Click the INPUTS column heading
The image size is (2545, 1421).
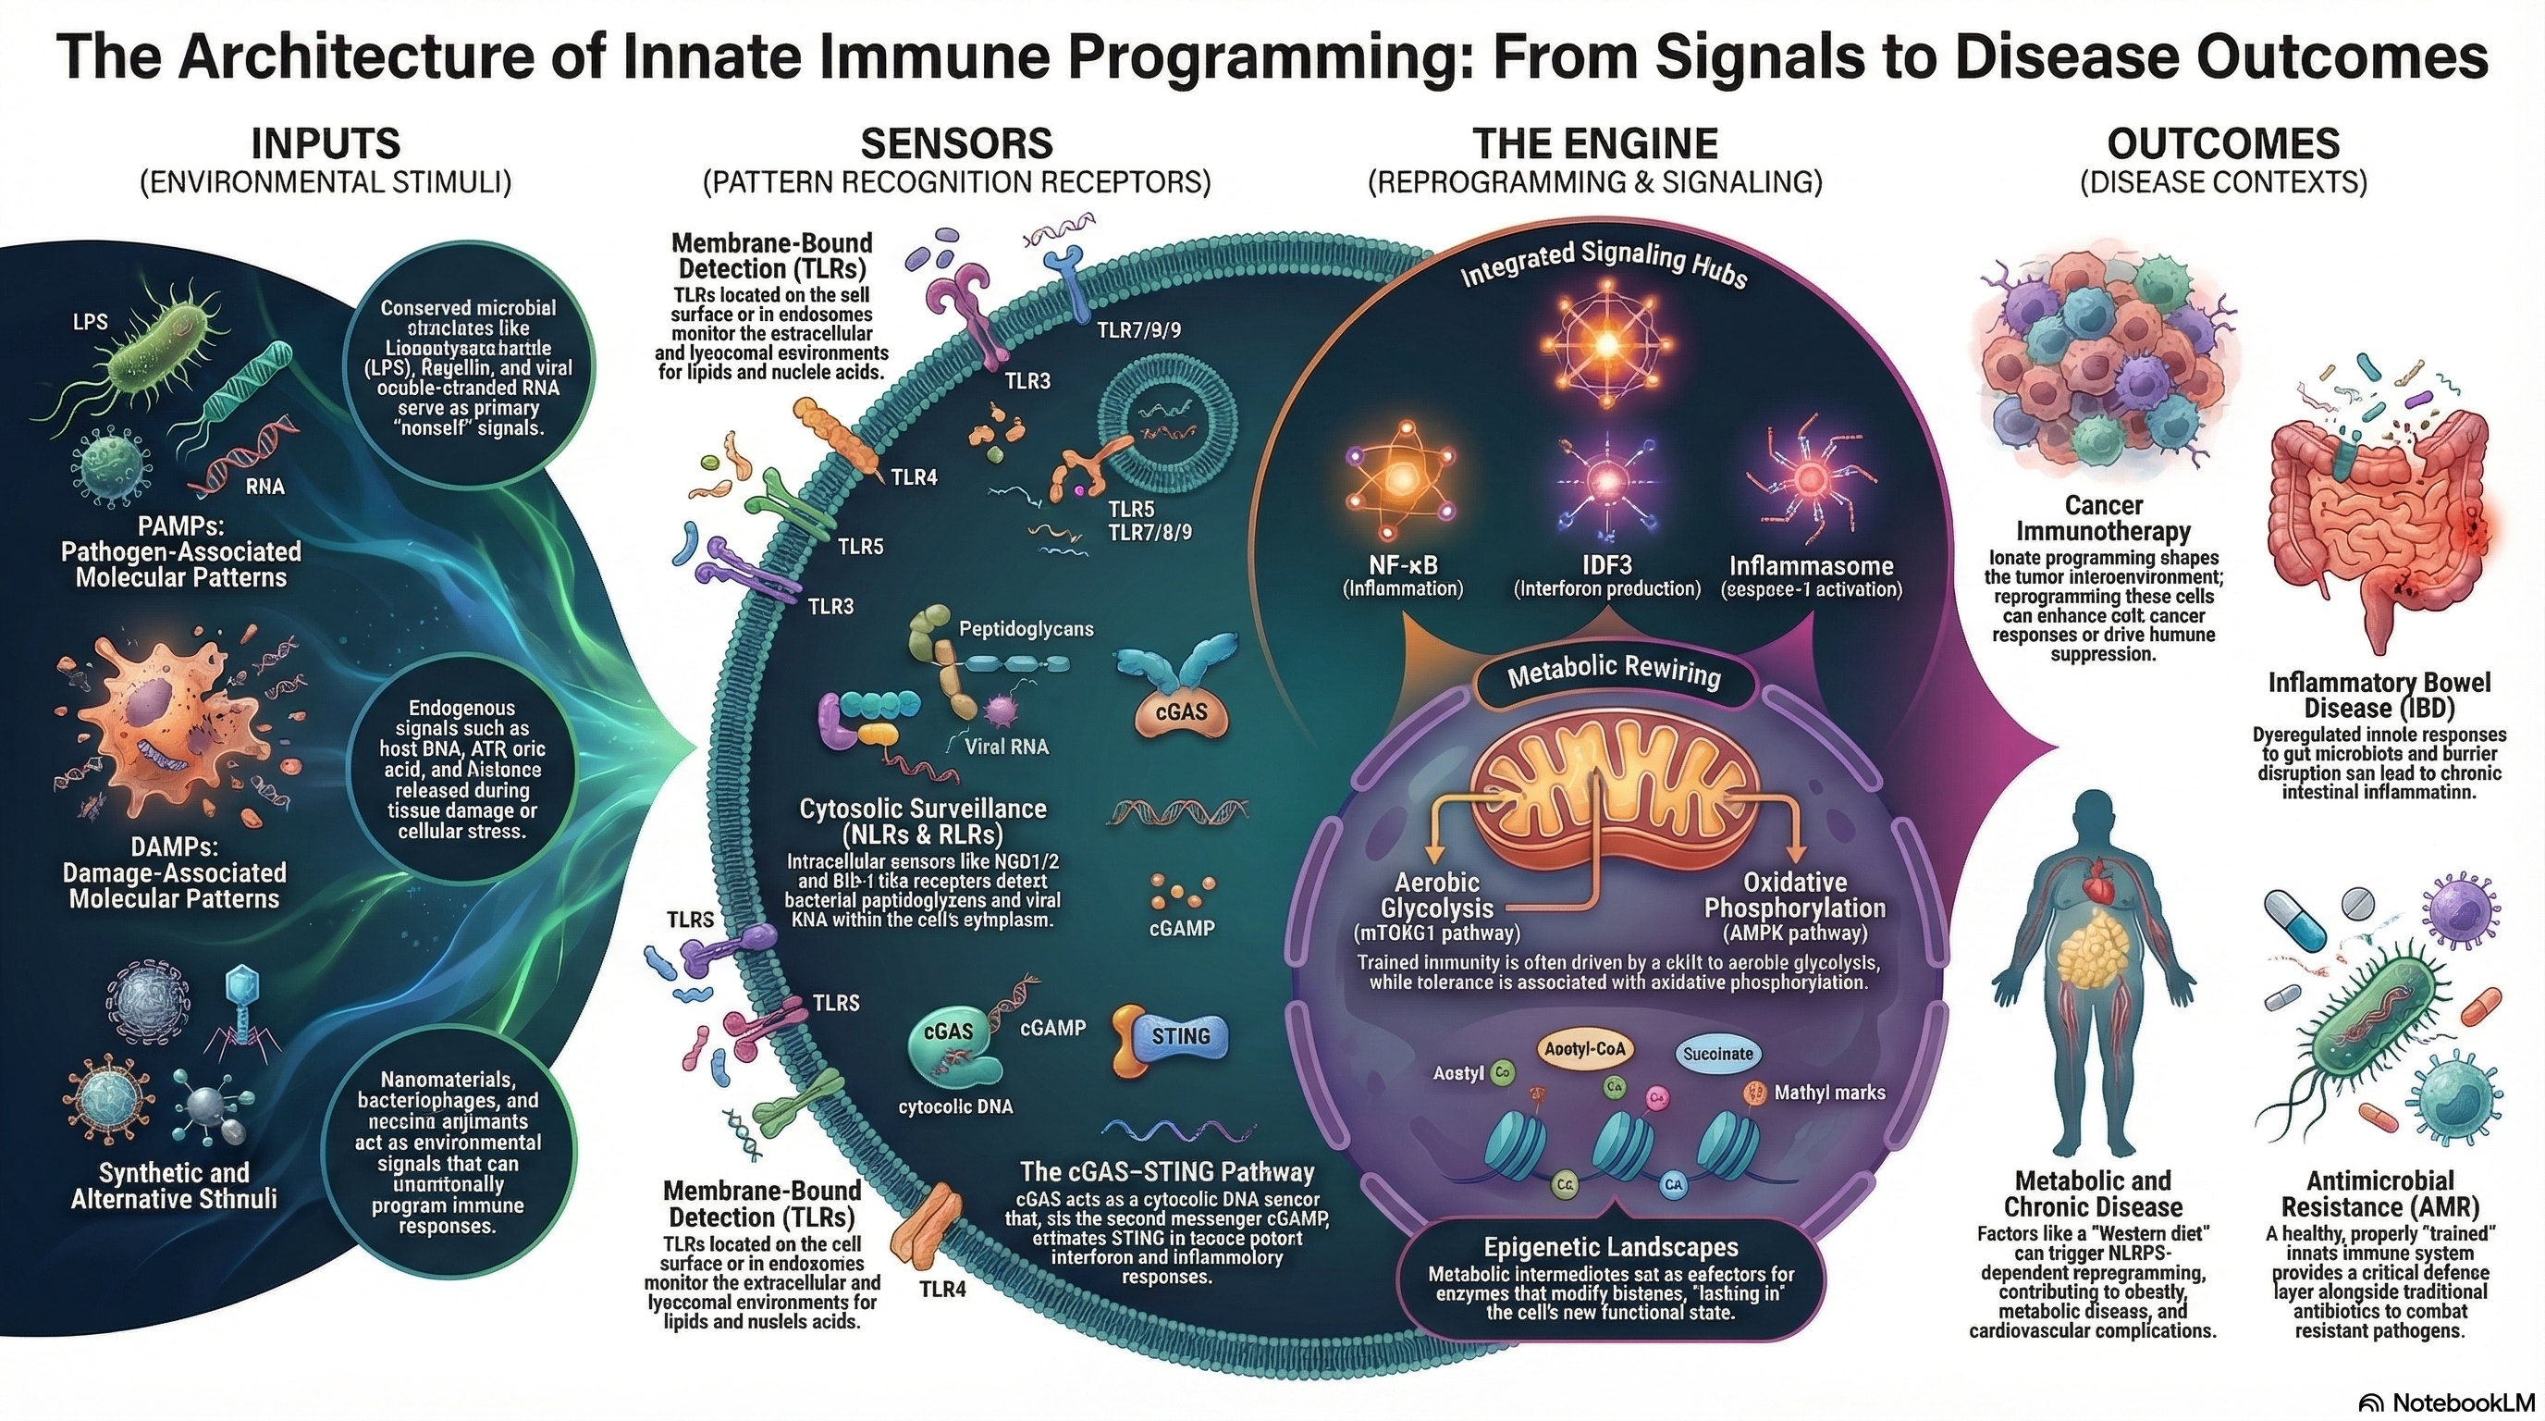[x=326, y=144]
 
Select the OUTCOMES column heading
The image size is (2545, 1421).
[x=2223, y=144]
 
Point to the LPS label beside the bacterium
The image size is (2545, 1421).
[x=90, y=322]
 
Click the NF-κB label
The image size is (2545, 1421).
[x=1403, y=565]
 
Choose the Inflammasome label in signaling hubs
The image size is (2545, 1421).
[x=1810, y=565]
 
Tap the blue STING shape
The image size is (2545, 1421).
[x=1180, y=1035]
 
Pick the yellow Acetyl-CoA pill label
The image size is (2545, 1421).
[x=1584, y=1049]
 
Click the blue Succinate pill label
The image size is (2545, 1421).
[x=1717, y=1054]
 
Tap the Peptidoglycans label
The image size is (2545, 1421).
[x=1026, y=628]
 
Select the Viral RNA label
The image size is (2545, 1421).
[x=1006, y=748]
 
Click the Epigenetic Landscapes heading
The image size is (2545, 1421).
[x=1610, y=1247]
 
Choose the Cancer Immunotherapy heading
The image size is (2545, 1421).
[x=2102, y=519]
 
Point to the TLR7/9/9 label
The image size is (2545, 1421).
[x=1138, y=330]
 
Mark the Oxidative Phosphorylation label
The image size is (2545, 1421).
[x=1794, y=896]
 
